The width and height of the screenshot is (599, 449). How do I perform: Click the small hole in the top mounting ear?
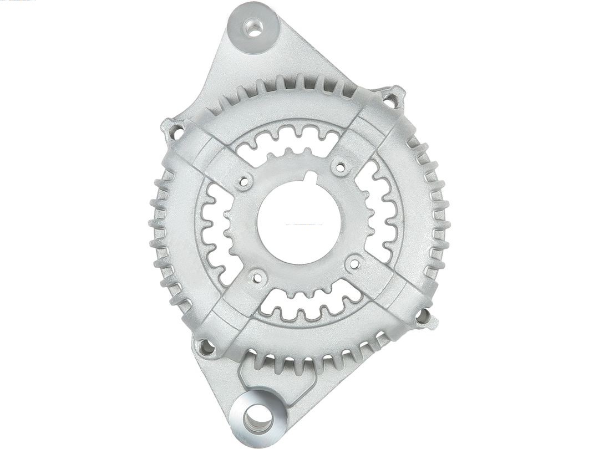click(x=254, y=27)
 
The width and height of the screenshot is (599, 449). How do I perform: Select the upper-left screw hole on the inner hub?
click(x=243, y=180)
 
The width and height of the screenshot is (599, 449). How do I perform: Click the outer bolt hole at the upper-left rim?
click(x=176, y=132)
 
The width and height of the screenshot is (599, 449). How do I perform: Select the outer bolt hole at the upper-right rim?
click(x=391, y=100)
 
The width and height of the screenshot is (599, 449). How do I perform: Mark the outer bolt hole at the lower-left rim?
click(x=206, y=348)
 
